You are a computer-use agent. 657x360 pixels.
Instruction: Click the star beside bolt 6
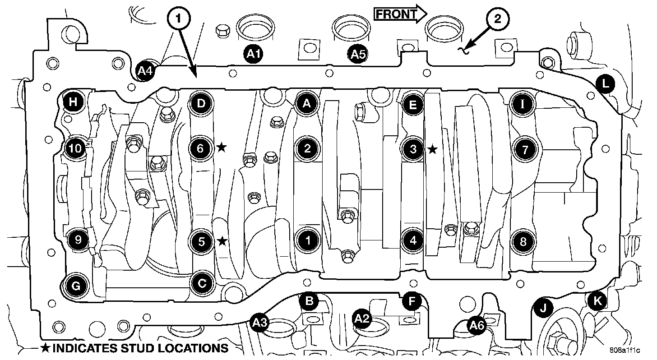pyautogui.click(x=221, y=147)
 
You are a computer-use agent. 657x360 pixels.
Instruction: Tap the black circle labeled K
pyautogui.click(x=598, y=302)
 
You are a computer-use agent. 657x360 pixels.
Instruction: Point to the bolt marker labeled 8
pyautogui.click(x=523, y=241)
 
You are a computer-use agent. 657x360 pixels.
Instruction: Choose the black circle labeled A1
pyautogui.click(x=254, y=55)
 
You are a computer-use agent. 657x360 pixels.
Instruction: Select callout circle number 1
pyautogui.click(x=179, y=18)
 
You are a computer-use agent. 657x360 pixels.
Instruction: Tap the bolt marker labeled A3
pyautogui.click(x=260, y=322)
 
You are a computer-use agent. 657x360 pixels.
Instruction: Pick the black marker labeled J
pyautogui.click(x=543, y=308)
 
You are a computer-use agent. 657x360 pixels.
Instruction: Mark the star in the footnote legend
pyautogui.click(x=46, y=348)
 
